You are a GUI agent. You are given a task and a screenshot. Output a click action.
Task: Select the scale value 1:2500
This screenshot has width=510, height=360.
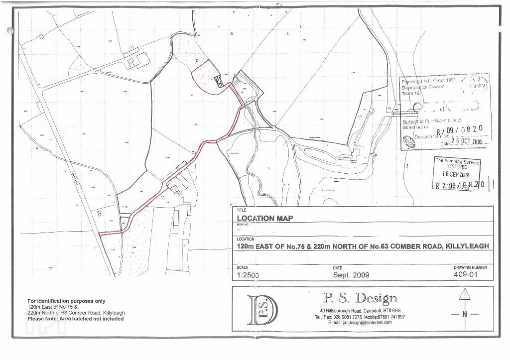pos(248,275)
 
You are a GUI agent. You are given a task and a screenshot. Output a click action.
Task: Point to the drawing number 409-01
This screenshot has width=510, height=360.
pos(467,274)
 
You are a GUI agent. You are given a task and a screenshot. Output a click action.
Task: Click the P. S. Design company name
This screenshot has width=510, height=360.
pos(360,298)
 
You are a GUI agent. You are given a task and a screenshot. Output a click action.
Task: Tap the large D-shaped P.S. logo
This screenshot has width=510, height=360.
pos(262,310)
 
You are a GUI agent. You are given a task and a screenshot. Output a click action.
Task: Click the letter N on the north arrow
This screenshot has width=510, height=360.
pos(465,314)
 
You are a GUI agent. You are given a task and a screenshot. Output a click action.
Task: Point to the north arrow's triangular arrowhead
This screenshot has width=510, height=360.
pos(465,294)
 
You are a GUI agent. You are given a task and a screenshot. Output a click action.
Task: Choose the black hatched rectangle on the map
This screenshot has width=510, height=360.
pos(219,81)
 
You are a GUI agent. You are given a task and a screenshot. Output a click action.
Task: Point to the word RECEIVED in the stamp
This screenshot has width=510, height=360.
pos(457,167)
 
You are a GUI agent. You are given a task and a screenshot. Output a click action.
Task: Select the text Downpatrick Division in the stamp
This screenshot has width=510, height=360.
pos(423,86)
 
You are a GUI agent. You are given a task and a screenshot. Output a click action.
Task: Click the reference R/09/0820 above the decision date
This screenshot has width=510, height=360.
pos(459,129)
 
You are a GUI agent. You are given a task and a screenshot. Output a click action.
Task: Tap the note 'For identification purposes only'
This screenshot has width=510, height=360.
pos(66,301)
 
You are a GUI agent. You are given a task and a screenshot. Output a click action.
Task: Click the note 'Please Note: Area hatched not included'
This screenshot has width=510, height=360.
pos(75,319)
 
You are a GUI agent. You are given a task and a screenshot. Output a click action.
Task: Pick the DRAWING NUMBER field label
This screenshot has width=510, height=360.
pos(470,267)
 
